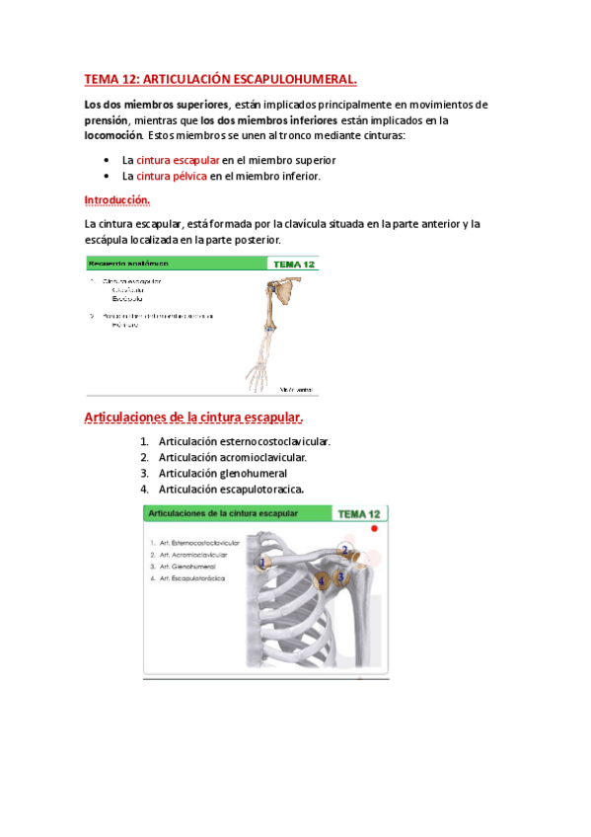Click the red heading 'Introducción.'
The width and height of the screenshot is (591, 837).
117,200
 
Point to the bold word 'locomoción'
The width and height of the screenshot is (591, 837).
113,135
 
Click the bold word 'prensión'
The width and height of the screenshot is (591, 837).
108,120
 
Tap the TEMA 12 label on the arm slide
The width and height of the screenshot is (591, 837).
293,265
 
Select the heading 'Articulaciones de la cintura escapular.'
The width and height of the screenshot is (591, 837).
193,417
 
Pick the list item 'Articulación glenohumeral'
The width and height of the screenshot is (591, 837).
222,473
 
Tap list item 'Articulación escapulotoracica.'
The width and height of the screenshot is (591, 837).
231,489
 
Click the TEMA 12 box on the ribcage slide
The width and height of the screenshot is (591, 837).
358,514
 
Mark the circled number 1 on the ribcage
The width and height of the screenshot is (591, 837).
261,564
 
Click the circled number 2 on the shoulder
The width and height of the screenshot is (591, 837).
344,551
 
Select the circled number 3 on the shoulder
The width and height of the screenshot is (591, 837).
340,576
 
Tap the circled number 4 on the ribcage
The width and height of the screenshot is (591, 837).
322,581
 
